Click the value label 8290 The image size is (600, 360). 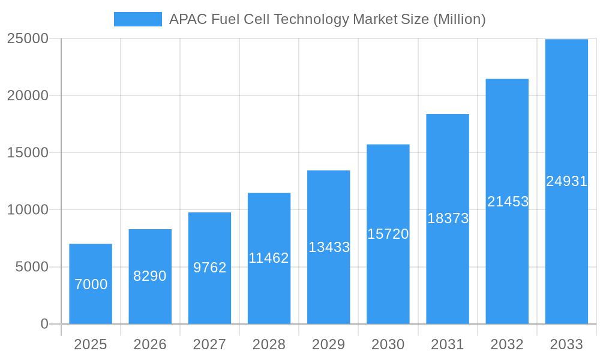[x=150, y=276]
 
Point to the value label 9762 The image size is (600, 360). [x=209, y=268]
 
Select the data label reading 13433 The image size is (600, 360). [x=329, y=247]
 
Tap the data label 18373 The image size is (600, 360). [x=448, y=218]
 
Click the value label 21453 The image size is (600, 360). [x=508, y=202]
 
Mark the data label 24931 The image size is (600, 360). [x=566, y=181]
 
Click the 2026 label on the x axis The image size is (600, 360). [x=150, y=344]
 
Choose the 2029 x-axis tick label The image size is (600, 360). [x=329, y=344]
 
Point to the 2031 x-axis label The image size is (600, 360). [x=448, y=344]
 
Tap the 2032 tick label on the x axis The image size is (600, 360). [x=507, y=344]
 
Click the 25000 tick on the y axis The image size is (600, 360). [x=27, y=38]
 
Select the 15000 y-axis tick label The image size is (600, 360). [x=27, y=152]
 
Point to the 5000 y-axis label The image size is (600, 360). [x=32, y=267]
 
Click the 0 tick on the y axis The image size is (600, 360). [x=44, y=324]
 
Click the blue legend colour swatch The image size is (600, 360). [x=138, y=19]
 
